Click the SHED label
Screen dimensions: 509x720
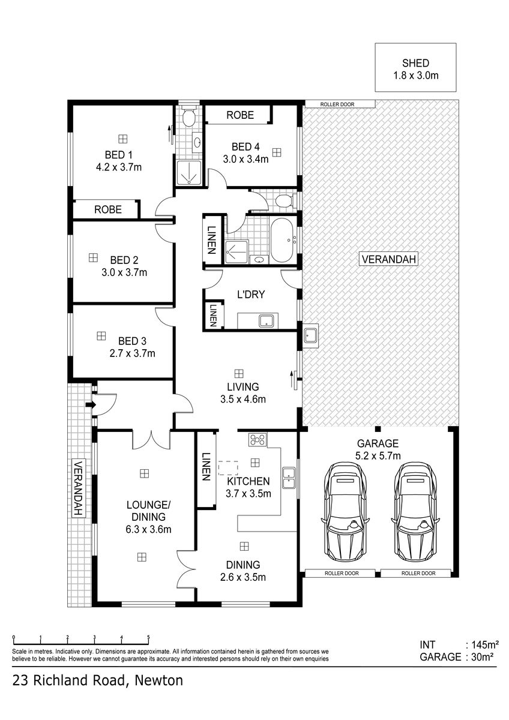click(415, 63)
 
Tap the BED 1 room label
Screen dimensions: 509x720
click(119, 155)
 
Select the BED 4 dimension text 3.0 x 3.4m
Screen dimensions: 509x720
click(245, 159)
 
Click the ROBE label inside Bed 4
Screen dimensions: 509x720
click(240, 115)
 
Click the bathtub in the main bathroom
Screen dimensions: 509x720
click(282, 241)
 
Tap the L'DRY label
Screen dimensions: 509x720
click(251, 295)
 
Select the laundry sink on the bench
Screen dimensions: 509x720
click(267, 321)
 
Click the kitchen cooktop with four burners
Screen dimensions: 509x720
click(258, 439)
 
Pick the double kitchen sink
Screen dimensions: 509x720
click(289, 478)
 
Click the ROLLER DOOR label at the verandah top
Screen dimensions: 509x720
click(337, 104)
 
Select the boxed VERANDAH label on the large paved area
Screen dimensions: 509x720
click(389, 259)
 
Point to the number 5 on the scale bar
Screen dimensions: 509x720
click(148, 637)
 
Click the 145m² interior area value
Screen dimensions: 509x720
click(485, 645)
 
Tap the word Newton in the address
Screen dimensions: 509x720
click(159, 681)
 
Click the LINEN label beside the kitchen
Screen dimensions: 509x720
click(206, 467)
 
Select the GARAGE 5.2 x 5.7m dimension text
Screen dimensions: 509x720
click(378, 456)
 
